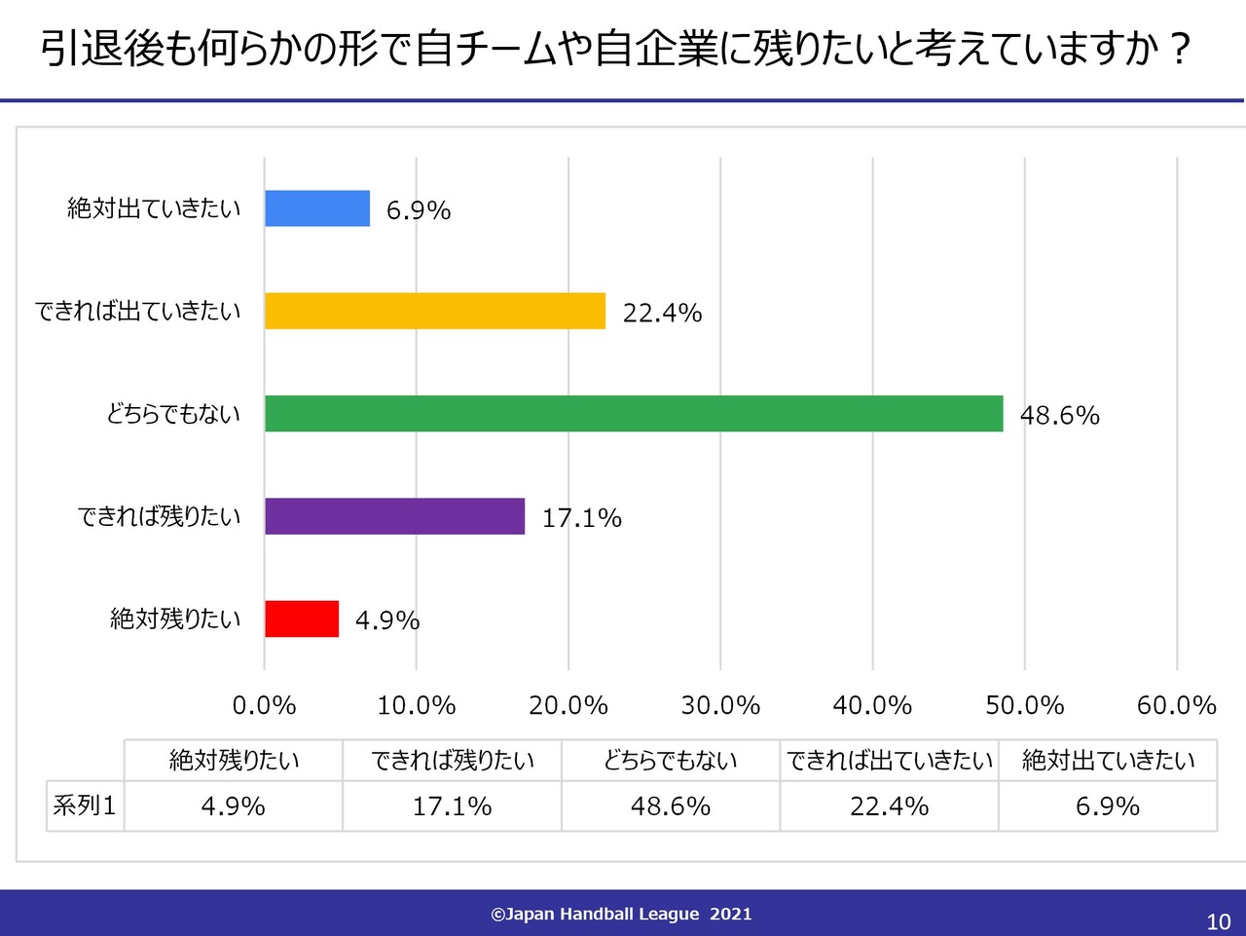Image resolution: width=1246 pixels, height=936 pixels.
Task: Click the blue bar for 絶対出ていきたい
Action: click(317, 208)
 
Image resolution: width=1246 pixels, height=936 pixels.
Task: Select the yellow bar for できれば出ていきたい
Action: click(435, 311)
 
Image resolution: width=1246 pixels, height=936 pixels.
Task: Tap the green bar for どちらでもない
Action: click(634, 414)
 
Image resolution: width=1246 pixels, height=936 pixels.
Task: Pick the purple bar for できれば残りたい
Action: click(394, 516)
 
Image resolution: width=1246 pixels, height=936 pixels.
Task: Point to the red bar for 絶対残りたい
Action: click(302, 618)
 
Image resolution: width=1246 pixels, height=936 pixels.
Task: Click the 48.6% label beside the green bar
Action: click(1059, 416)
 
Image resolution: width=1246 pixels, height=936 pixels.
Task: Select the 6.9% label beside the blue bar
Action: click(419, 210)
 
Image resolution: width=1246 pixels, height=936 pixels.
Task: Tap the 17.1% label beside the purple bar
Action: click(581, 518)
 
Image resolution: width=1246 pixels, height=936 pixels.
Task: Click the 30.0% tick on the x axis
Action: click(720, 705)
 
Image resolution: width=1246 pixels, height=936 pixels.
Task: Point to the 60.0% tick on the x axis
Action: click(1176, 705)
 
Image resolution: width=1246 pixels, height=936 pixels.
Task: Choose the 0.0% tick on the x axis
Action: click(265, 705)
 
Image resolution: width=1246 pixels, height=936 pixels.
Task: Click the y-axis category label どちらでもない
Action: click(173, 414)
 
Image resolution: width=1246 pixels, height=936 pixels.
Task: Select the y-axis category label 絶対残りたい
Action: click(175, 618)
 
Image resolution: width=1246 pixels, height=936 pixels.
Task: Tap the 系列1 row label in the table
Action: click(85, 806)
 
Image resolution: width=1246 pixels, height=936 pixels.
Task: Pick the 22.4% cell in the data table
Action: click(889, 806)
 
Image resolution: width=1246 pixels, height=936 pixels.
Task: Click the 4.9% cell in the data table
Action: click(233, 806)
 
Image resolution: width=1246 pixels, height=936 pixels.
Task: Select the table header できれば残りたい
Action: click(453, 760)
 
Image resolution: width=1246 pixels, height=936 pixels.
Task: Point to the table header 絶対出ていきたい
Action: click(1108, 760)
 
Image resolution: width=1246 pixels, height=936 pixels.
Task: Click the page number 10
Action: click(1218, 921)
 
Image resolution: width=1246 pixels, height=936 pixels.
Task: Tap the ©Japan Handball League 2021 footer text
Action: click(621, 914)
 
